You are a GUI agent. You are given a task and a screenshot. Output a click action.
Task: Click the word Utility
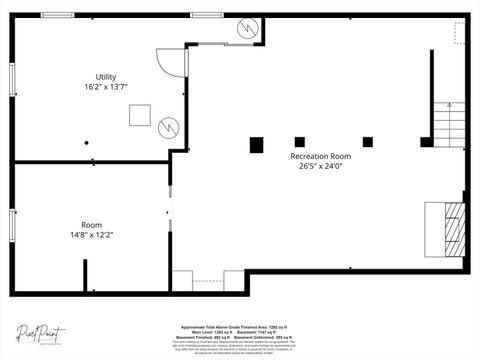click(105, 77)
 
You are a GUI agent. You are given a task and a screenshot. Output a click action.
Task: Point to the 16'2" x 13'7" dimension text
click(105, 88)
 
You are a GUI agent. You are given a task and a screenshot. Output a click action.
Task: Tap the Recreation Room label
click(320, 156)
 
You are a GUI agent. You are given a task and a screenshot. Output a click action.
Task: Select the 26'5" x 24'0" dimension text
click(320, 167)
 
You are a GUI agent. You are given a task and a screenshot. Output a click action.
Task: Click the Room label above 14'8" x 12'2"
click(91, 225)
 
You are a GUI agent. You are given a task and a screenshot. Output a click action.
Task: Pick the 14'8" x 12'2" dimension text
click(91, 236)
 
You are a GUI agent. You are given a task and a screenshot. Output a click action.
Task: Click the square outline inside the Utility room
click(138, 114)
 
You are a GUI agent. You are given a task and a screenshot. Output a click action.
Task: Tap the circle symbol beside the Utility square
click(168, 126)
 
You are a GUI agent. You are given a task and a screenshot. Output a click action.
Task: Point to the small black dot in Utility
click(87, 143)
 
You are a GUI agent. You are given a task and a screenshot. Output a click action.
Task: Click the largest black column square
click(256, 143)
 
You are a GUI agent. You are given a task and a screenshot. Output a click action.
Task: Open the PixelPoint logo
click(41, 333)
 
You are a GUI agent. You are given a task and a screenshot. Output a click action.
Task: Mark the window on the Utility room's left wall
click(12, 76)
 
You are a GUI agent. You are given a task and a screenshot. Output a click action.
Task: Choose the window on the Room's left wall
click(12, 225)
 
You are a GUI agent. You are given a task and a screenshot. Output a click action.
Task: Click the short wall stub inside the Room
click(85, 276)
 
